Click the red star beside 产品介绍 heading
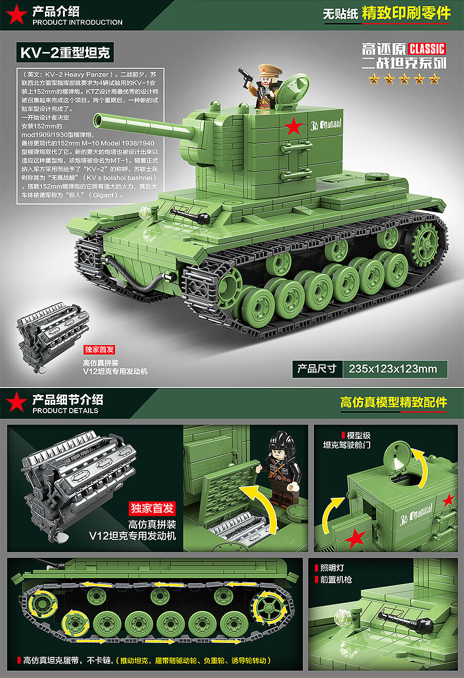(x=15, y=15)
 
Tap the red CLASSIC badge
(x=427, y=49)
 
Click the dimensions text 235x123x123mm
(x=393, y=369)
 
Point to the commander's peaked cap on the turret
(x=267, y=70)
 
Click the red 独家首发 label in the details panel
(x=152, y=508)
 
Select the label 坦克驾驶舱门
(x=346, y=445)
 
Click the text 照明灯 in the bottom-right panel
(x=332, y=568)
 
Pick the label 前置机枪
(x=336, y=580)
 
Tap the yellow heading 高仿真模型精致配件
(x=393, y=402)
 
